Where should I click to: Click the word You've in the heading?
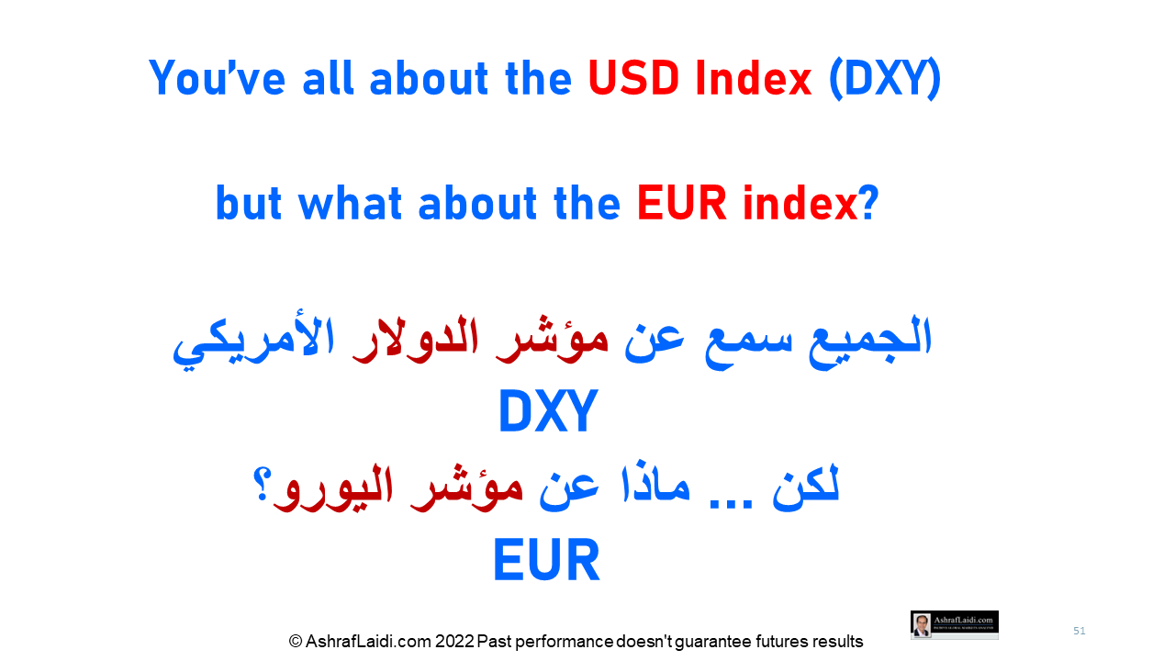tap(218, 78)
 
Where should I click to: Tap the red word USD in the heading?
tap(633, 78)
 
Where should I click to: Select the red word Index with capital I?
tap(754, 78)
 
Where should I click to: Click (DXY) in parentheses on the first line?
tap(885, 79)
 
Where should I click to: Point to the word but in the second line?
tap(249, 203)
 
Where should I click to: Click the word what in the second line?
tap(350, 203)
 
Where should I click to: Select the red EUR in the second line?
tap(682, 203)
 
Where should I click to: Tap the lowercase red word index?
tap(800, 203)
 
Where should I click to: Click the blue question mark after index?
tap(869, 203)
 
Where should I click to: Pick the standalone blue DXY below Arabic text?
tap(548, 410)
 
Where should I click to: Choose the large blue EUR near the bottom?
tap(546, 560)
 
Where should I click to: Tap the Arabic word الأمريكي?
tap(253, 343)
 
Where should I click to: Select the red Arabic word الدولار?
tap(415, 340)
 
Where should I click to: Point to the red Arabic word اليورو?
tap(333, 489)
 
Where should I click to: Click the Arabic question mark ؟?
tap(262, 486)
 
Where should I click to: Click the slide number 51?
tap(1079, 631)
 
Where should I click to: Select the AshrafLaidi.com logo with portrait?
tap(954, 625)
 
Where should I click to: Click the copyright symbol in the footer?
tap(296, 641)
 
